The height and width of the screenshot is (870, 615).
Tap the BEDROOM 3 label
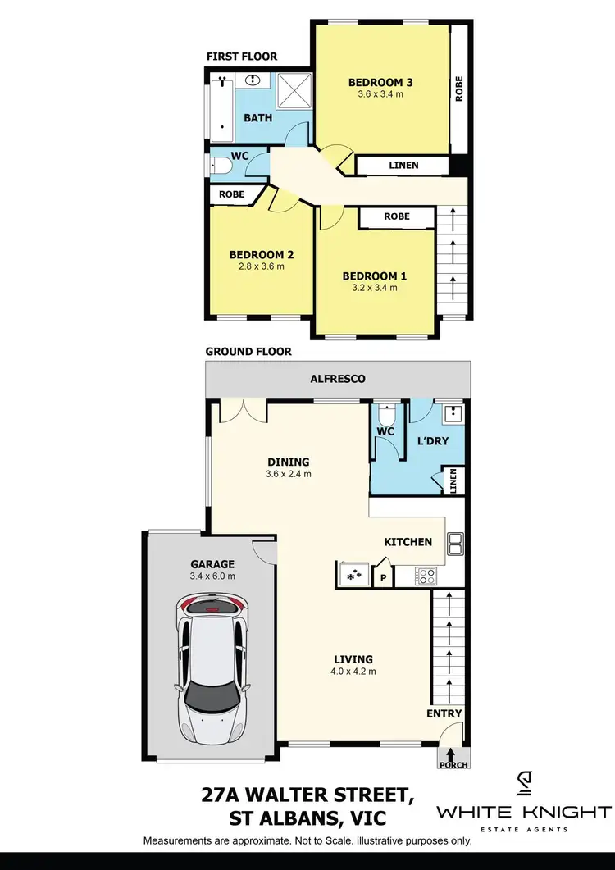(380, 82)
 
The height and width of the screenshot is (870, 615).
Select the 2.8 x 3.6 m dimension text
(261, 266)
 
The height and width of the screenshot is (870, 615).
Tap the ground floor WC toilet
(386, 414)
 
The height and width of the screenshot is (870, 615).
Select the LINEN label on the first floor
(403, 166)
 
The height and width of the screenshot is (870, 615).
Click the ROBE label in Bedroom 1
(397, 216)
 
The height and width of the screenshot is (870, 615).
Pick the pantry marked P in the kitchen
(382, 576)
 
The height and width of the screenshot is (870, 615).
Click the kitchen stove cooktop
(426, 576)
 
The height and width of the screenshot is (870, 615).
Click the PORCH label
(454, 765)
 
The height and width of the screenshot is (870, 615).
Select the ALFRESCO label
(338, 379)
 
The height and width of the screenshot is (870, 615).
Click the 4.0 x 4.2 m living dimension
(353, 672)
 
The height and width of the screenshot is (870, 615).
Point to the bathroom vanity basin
(253, 81)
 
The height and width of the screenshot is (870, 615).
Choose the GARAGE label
(213, 564)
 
